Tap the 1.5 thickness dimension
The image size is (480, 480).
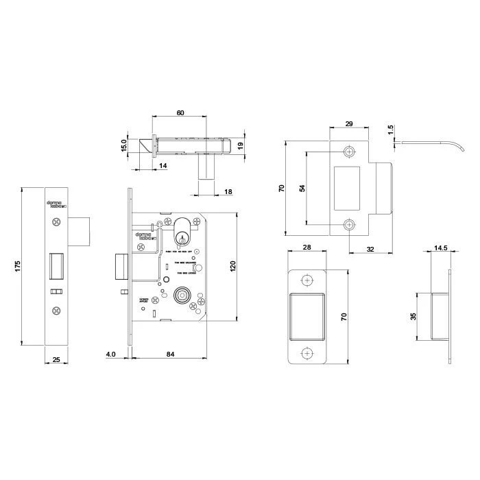pos(389,130)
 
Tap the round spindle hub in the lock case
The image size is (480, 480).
pos(182,294)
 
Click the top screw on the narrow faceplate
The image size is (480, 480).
pos(56,222)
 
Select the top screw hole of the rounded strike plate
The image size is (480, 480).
pos(307,279)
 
